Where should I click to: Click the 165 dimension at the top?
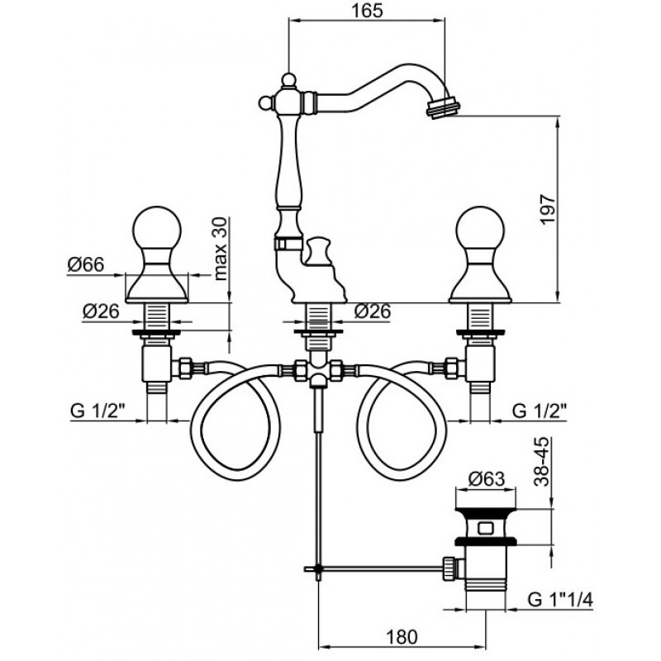coord(367,11)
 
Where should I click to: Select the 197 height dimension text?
coord(548,209)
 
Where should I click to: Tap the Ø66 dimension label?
coord(86,265)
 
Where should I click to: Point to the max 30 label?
coord(220,250)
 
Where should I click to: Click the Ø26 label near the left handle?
coord(101,311)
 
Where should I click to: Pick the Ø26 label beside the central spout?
coord(373,311)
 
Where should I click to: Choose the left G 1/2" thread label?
coord(99,411)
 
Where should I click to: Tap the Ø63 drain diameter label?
coord(487,479)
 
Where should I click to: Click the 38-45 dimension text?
coord(542,462)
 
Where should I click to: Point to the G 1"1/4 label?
coord(560,600)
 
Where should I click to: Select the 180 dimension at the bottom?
coord(402,637)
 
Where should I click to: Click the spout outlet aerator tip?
coord(443,107)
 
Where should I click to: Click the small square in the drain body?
coord(486,527)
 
